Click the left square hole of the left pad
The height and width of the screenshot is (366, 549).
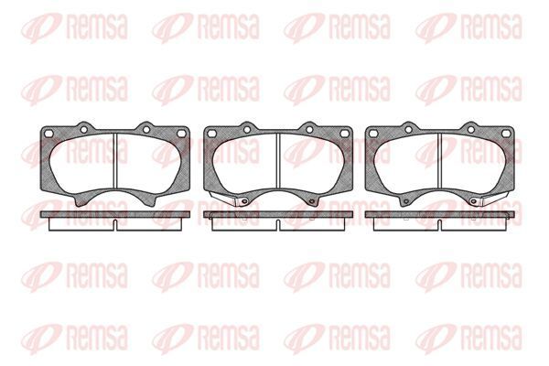click(x=49, y=134)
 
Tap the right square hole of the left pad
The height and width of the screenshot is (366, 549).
click(x=181, y=134)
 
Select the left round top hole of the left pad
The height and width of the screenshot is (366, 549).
click(x=83, y=130)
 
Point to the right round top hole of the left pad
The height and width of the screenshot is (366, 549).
click(x=146, y=130)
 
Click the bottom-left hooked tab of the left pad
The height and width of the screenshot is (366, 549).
click(x=81, y=200)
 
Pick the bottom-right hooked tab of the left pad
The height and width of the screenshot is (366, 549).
click(x=150, y=200)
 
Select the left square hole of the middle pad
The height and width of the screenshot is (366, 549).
click(x=211, y=134)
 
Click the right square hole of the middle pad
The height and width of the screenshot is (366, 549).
click(x=344, y=134)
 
